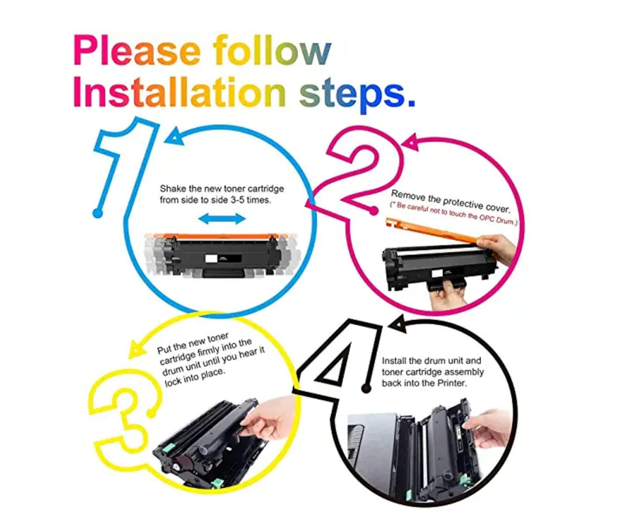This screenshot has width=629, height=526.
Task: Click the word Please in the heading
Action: pos(138,50)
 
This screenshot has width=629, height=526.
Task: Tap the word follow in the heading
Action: pos(272,50)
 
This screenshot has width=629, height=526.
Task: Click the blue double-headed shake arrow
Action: pos(222,219)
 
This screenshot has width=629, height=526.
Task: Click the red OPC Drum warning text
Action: pos(453,214)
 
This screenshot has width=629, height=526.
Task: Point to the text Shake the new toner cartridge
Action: pos(222,189)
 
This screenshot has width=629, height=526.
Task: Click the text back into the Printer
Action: pos(424,383)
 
